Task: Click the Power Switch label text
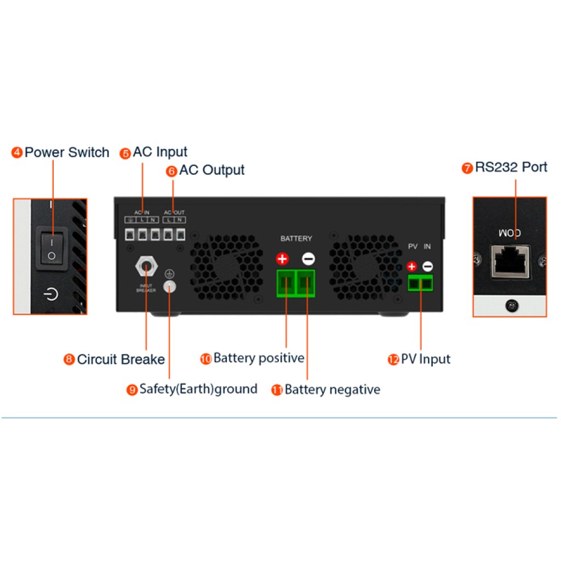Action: point(67,152)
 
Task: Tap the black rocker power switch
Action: point(51,248)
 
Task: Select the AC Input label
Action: point(160,152)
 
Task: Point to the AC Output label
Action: point(211,170)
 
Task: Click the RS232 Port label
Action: point(511,167)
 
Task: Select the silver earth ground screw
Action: point(170,285)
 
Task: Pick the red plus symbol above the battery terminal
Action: point(283,259)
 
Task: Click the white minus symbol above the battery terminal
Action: point(308,259)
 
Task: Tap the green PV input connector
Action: point(420,283)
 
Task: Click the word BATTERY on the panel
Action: point(296,239)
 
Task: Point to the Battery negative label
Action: point(332,390)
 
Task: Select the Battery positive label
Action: point(259,358)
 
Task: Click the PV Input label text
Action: point(426,359)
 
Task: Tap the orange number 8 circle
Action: point(69,360)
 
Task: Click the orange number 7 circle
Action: point(467,168)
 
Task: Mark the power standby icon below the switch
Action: point(51,295)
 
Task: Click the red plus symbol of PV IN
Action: point(412,267)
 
